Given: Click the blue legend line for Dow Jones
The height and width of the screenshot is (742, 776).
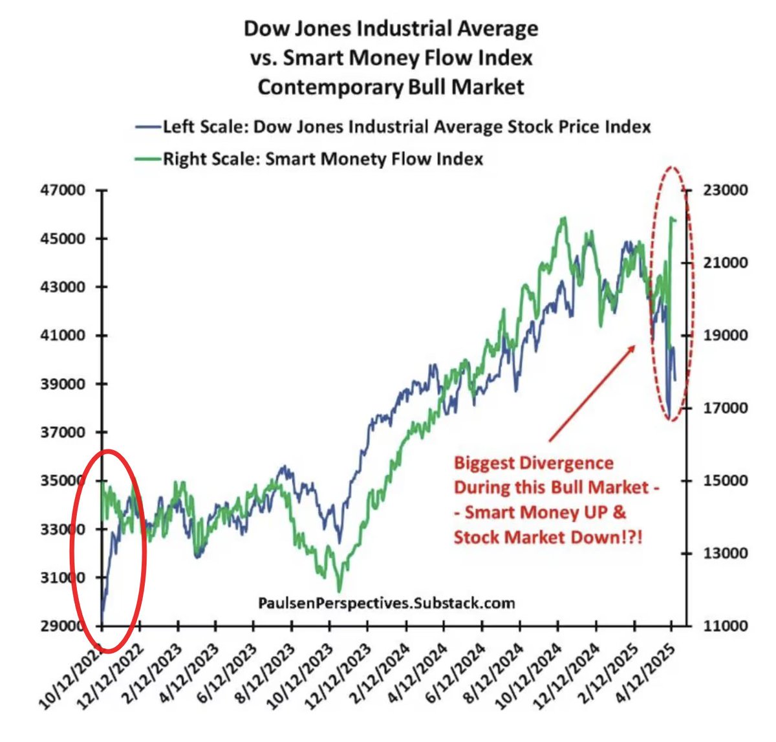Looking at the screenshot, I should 147,127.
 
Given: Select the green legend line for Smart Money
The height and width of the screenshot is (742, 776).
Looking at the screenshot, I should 147,159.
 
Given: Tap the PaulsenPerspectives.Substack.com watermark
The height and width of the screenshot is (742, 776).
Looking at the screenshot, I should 387,603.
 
